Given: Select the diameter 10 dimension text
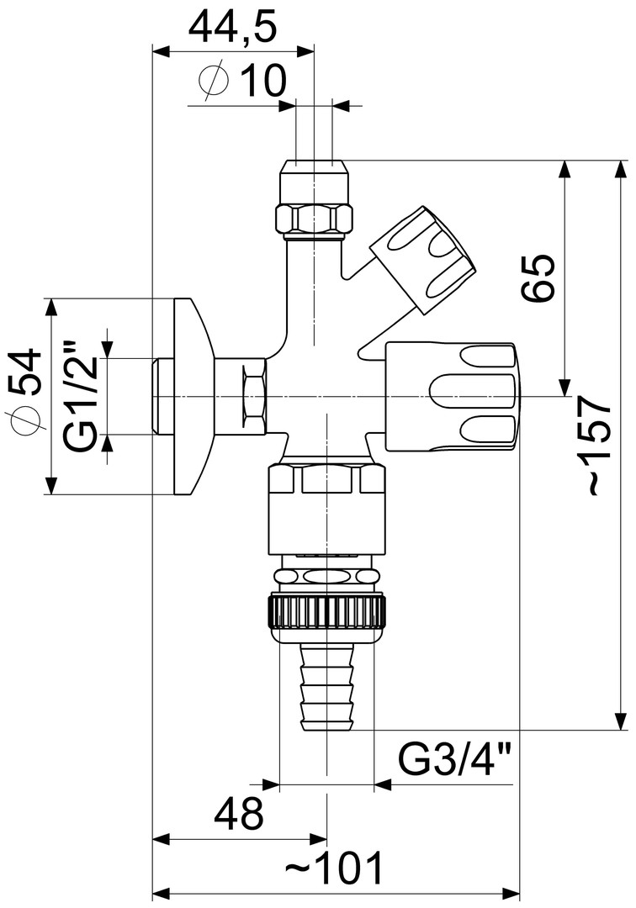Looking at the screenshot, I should click(x=243, y=82).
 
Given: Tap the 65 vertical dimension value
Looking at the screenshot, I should click(x=539, y=277).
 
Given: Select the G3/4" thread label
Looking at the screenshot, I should click(x=455, y=762).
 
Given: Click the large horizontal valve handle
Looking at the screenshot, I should click(x=451, y=395).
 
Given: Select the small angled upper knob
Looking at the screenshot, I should click(x=423, y=256).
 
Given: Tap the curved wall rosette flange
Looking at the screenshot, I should click(x=190, y=396).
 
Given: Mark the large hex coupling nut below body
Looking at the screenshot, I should click(x=326, y=508).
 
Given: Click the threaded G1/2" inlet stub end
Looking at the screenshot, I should click(x=161, y=396).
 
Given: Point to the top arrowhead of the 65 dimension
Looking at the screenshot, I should click(x=563, y=168).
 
